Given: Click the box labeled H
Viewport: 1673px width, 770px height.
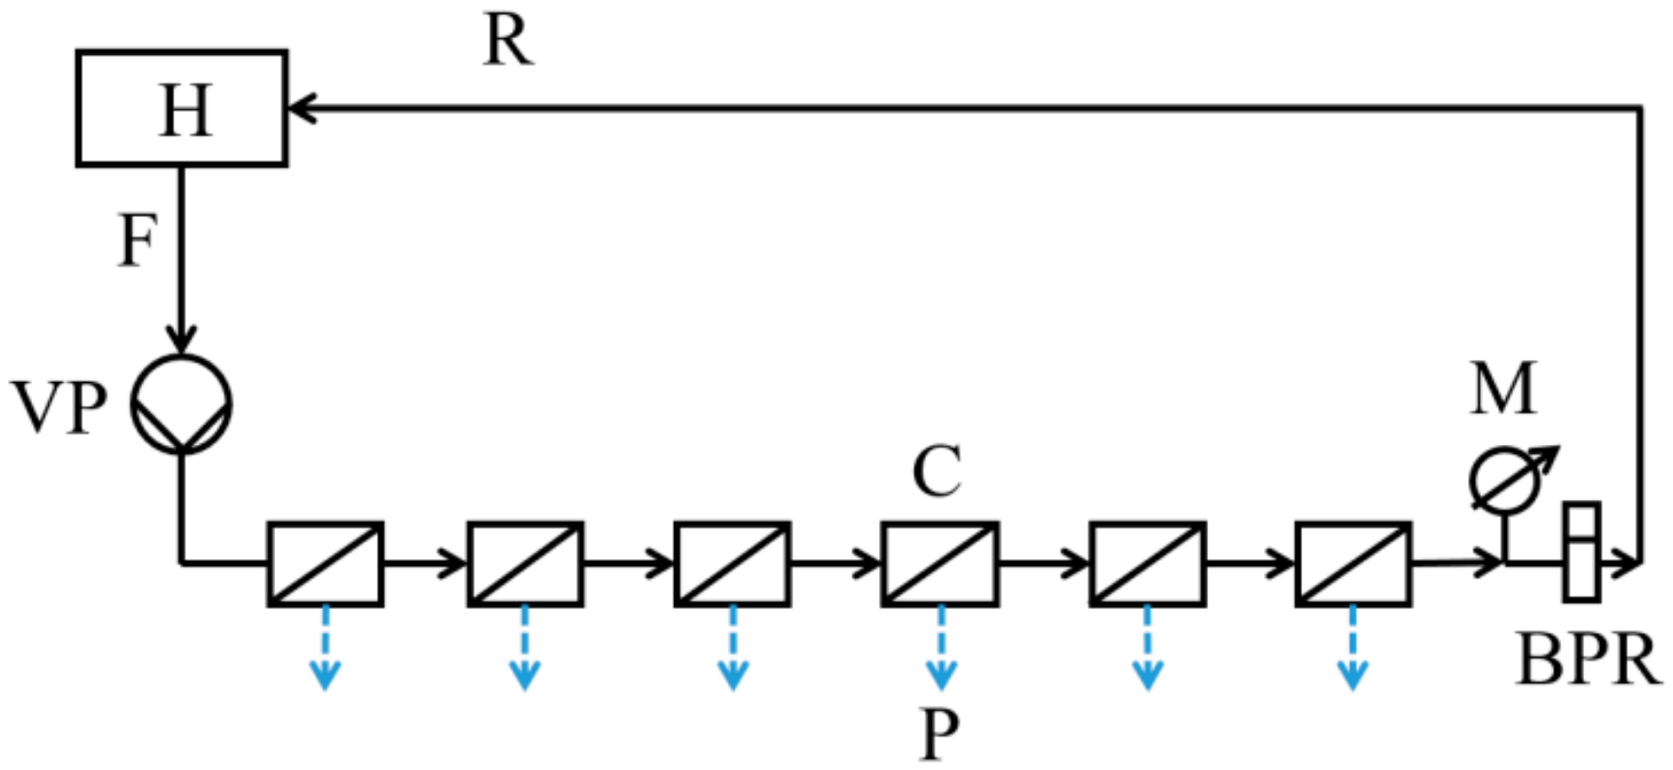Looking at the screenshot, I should (x=182, y=108).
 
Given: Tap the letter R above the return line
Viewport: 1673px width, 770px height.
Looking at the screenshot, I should (x=508, y=41).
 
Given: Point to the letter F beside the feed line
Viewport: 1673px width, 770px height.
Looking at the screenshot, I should (x=137, y=241).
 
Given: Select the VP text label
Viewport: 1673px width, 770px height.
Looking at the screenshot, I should (x=59, y=408).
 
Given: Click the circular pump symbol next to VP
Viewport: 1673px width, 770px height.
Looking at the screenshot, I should (x=181, y=405).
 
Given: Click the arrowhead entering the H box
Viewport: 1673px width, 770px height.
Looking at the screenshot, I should (x=301, y=108).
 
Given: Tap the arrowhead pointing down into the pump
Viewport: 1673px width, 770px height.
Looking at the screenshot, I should (x=181, y=339).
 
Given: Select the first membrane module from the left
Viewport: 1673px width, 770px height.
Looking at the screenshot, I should (x=326, y=563).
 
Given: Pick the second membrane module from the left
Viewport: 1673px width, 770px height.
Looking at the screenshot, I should (x=526, y=563).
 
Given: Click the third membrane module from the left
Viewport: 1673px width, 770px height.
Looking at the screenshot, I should (x=732, y=563).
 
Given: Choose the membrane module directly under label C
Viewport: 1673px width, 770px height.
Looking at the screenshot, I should (x=940, y=563).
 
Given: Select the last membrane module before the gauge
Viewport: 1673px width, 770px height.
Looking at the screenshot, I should (x=1353, y=563).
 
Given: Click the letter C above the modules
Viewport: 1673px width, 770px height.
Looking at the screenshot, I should (x=936, y=471).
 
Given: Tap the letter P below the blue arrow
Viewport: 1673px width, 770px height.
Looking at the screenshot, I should (x=939, y=734).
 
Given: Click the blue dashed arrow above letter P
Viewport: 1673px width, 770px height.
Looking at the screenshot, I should (x=941, y=648).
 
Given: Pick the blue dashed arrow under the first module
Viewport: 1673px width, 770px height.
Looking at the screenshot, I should (x=326, y=648).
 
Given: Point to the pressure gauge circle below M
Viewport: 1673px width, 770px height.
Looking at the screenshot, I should (x=1505, y=481).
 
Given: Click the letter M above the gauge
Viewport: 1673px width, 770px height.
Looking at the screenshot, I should (x=1503, y=388).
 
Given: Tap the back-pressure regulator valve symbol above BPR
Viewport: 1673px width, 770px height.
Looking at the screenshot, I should (x=1581, y=552).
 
